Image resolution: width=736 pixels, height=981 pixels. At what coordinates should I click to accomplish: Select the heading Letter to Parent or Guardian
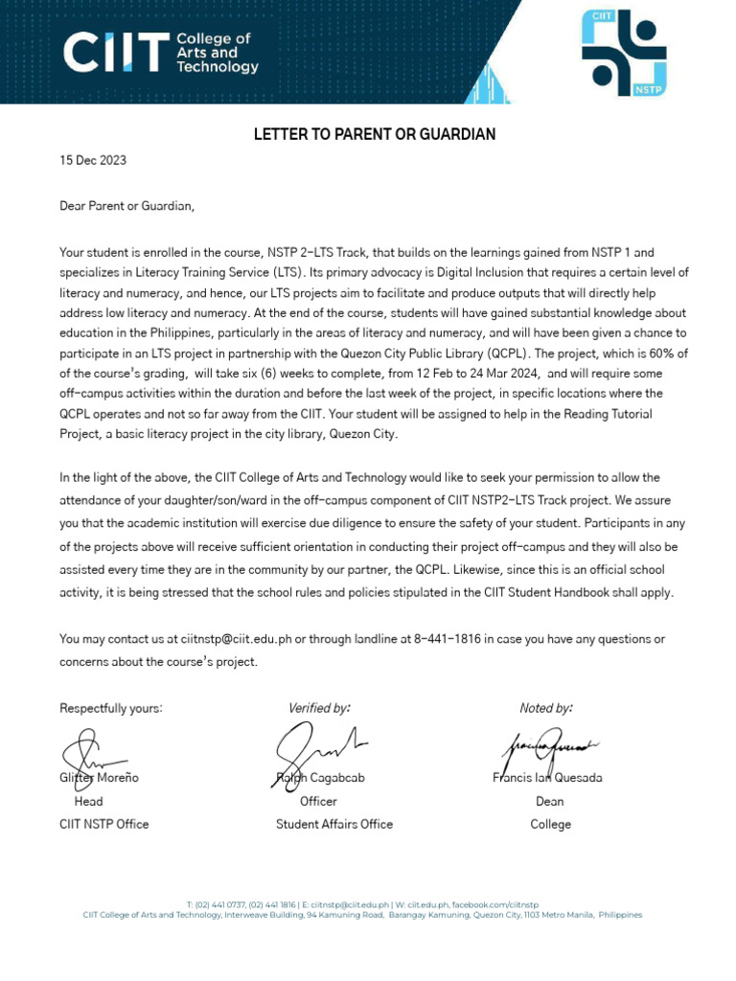coord(375,134)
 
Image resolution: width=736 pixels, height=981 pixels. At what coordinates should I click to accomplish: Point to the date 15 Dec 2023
coord(93,161)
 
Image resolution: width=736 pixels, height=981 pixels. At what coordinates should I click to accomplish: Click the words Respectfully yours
coord(111,708)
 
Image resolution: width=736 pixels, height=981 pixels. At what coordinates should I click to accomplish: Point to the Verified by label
coord(319,708)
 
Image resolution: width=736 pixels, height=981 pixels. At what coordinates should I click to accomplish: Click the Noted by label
coord(546,708)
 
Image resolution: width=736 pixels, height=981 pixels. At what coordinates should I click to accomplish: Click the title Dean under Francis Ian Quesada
coord(550,801)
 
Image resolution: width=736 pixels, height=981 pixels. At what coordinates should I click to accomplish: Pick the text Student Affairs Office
coord(334,824)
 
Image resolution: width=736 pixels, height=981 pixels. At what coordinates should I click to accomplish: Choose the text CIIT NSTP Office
coord(104,824)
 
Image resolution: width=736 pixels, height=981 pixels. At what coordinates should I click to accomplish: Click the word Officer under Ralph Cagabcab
coord(318,801)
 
